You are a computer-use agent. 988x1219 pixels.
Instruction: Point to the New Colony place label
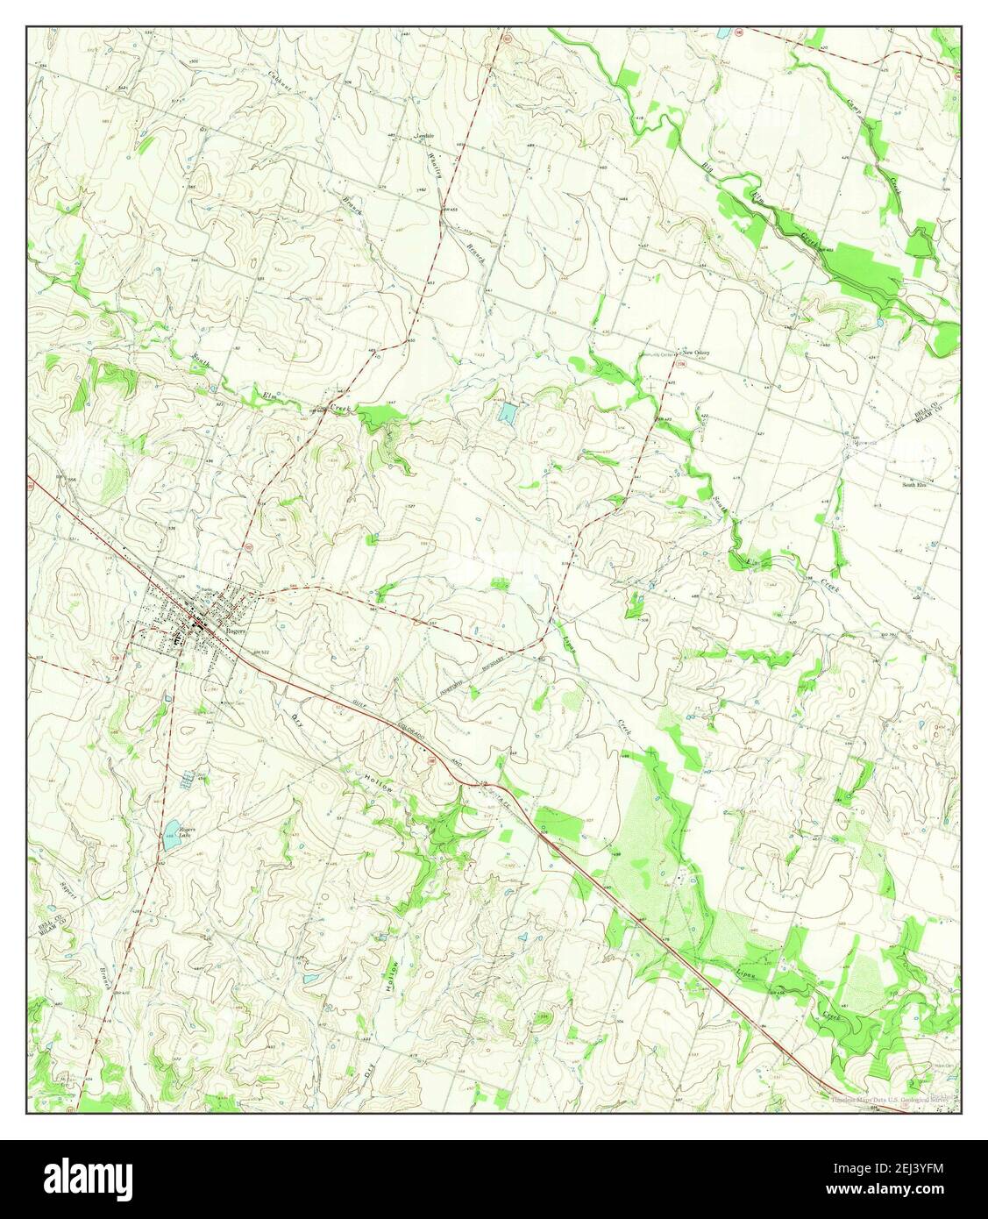pos(696,353)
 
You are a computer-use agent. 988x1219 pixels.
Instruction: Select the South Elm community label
pos(916,483)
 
